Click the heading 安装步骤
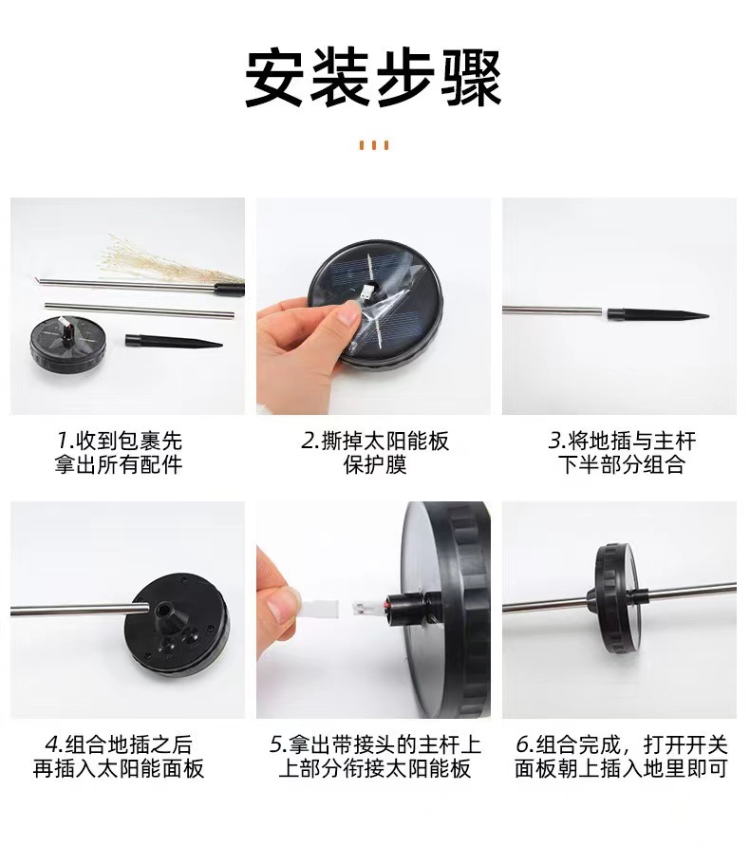point(373,78)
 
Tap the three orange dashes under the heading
point(374,145)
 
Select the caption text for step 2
point(374,453)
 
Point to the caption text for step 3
point(622,453)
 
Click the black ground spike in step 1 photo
point(171,340)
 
